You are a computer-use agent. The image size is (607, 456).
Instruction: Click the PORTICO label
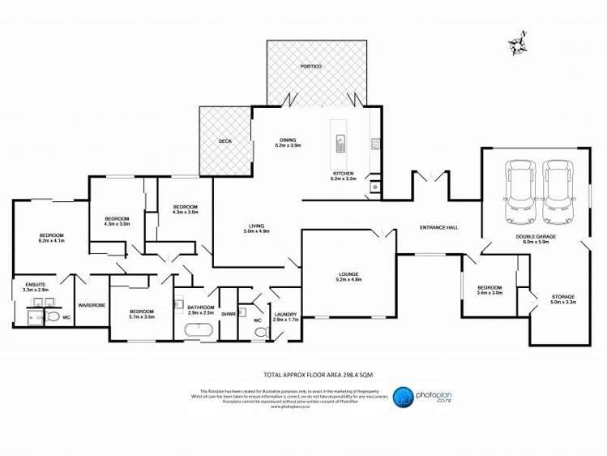coord(311,65)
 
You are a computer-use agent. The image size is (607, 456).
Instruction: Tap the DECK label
coord(224,141)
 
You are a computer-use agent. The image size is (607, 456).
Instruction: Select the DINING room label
coord(288,142)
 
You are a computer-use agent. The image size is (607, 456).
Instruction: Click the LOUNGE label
coord(350,276)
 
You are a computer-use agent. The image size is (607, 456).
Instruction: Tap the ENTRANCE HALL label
coord(440,227)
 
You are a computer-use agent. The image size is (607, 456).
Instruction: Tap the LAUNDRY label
coord(287,316)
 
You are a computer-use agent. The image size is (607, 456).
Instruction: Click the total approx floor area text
coord(303,375)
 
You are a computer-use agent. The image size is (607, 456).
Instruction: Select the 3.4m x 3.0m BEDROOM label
coord(489,290)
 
